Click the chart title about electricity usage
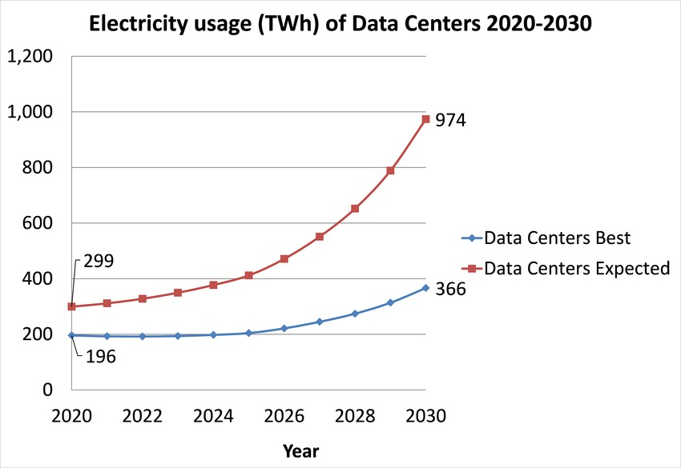pyautogui.click(x=340, y=24)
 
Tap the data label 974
pyautogui.click(x=450, y=121)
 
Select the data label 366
pyautogui.click(x=450, y=289)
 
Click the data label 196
pyautogui.click(x=100, y=357)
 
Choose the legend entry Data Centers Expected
pyautogui.click(x=577, y=268)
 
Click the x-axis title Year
pyautogui.click(x=300, y=451)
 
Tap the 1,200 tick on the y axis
pyautogui.click(x=30, y=57)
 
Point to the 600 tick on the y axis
pyautogui.click(x=38, y=224)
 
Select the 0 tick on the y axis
pyautogui.click(x=48, y=390)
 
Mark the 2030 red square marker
pyautogui.click(x=425, y=119)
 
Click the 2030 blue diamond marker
pyautogui.click(x=425, y=288)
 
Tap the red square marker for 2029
pyautogui.click(x=390, y=170)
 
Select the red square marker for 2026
pyautogui.click(x=284, y=259)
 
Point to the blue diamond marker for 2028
pyautogui.click(x=355, y=314)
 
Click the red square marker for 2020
pyautogui.click(x=72, y=306)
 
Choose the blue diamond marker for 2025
pyautogui.click(x=248, y=333)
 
